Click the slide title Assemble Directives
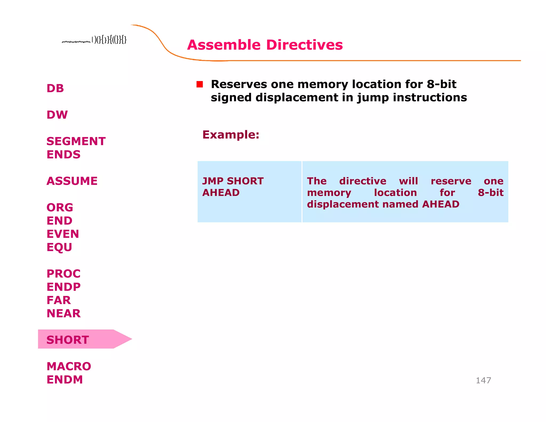coord(265,45)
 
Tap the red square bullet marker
coord(200,84)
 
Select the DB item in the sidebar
coord(55,88)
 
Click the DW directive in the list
coord(57,115)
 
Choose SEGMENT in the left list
coord(76,141)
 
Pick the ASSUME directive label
coord(72,181)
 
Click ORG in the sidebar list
coord(60,208)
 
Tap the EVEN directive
coord(63,234)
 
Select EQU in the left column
coord(59,247)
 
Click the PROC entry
coord(63,274)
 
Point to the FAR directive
coord(59,300)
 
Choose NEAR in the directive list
coord(63,313)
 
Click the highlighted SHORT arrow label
coord(68,340)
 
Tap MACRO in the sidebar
coord(69,366)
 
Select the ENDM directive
coord(65,380)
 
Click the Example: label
coord(231,134)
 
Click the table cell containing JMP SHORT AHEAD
coord(249,192)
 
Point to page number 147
coord(483,380)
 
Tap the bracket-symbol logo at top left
coord(94,40)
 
